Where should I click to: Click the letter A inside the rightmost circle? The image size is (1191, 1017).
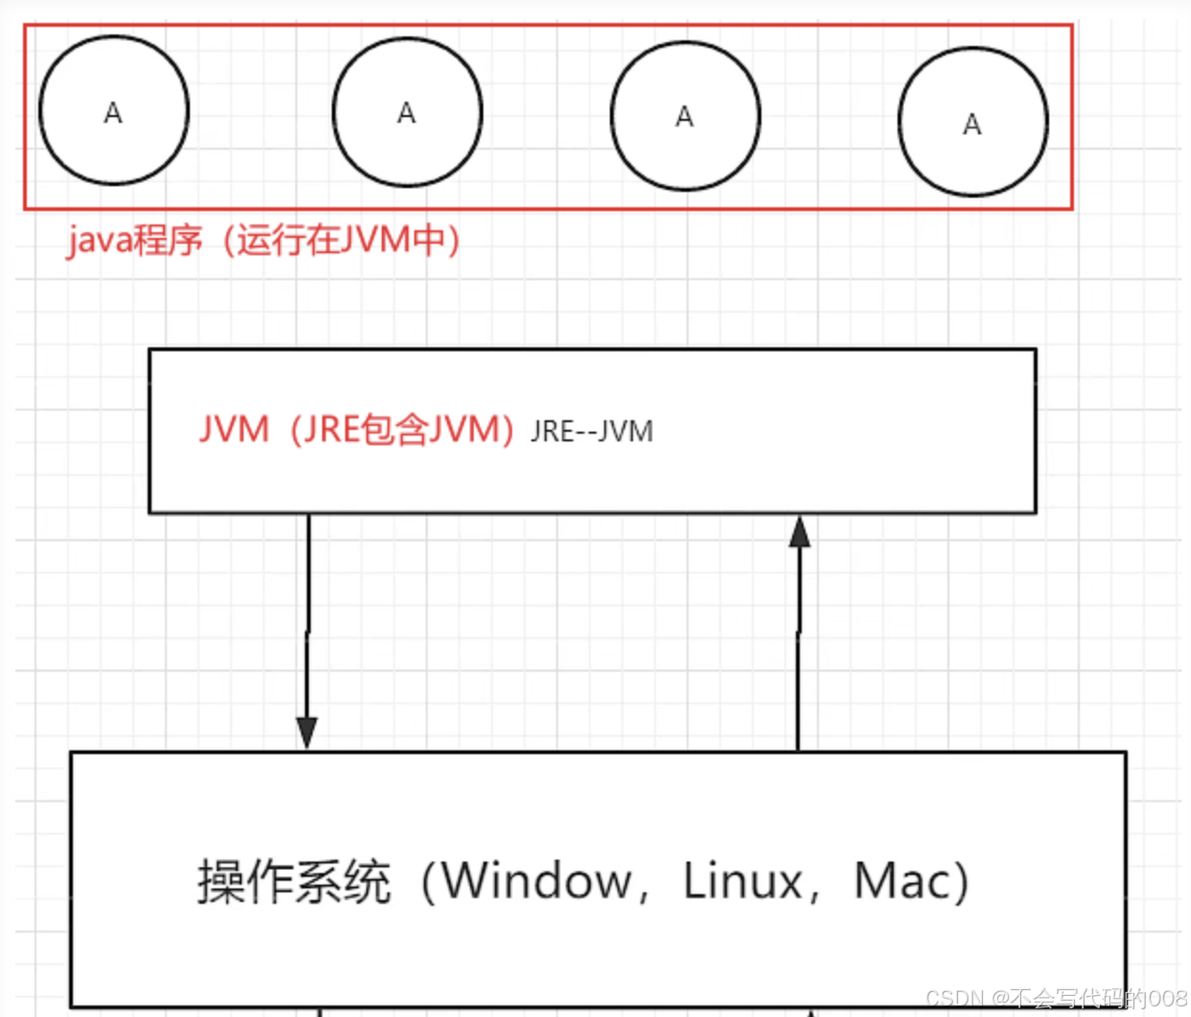[x=972, y=125]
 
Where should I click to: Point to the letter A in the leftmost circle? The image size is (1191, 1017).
[x=113, y=113]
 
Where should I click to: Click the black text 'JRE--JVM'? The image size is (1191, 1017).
[x=592, y=432]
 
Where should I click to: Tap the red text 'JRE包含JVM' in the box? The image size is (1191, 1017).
[x=402, y=429]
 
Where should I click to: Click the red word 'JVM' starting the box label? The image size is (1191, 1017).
[x=234, y=429]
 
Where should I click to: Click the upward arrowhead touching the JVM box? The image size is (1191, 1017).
[x=800, y=532]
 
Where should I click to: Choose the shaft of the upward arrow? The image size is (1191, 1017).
[x=799, y=652]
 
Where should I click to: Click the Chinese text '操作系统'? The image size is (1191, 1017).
[x=293, y=881]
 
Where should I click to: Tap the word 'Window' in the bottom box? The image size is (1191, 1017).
[x=537, y=881]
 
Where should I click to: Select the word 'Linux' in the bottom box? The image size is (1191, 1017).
[x=743, y=881]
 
